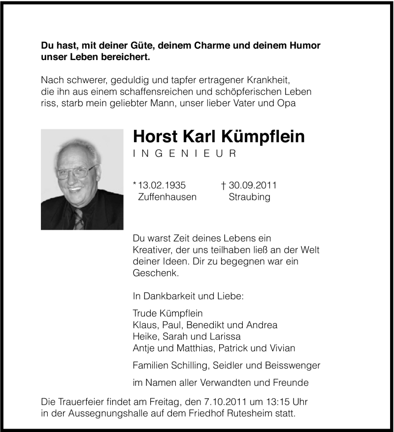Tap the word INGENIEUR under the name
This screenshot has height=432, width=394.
pos(185,154)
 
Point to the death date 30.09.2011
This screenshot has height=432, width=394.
pos(253,185)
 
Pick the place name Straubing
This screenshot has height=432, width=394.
pos(249,197)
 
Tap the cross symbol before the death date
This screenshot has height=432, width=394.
pos(224,185)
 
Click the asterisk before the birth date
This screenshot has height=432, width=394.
pos(135,185)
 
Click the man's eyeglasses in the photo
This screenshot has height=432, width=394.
pos(76,172)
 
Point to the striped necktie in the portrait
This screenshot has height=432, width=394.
pos(78,219)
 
